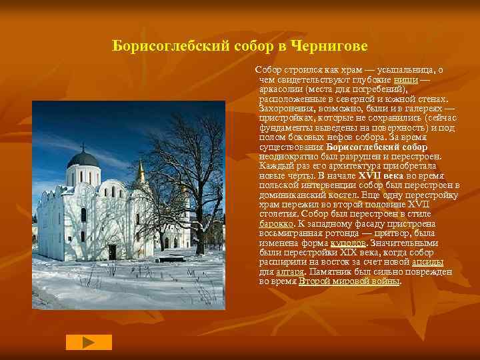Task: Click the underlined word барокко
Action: click(x=275, y=223)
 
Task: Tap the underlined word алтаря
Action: click(x=291, y=272)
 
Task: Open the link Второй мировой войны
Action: click(x=349, y=281)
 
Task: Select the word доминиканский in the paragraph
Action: click(x=289, y=194)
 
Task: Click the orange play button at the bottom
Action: click(x=89, y=342)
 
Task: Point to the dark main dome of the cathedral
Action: click(x=83, y=159)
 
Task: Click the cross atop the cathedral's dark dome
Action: click(x=83, y=146)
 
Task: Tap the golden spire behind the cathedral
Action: click(x=140, y=173)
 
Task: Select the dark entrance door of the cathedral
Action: click(x=112, y=252)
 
